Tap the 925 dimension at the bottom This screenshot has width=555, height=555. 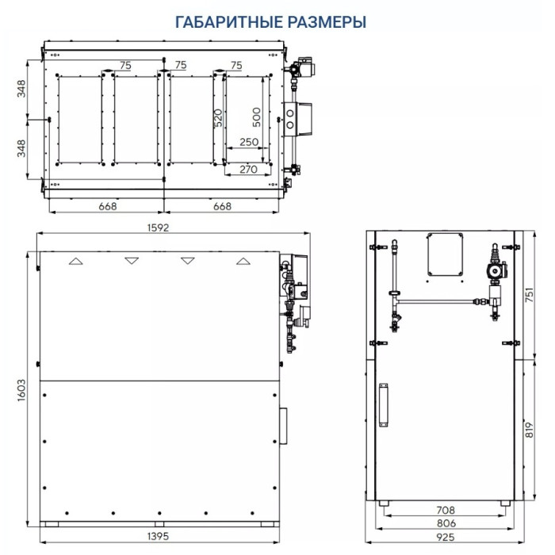tap(438, 538)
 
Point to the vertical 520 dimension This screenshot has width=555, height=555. tap(217, 118)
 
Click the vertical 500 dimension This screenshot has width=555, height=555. tap(255, 117)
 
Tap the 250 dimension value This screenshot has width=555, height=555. tap(249, 142)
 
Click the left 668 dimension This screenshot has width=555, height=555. tap(107, 206)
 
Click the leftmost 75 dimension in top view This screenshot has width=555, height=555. tap(124, 65)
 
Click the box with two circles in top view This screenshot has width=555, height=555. tap(300, 118)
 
